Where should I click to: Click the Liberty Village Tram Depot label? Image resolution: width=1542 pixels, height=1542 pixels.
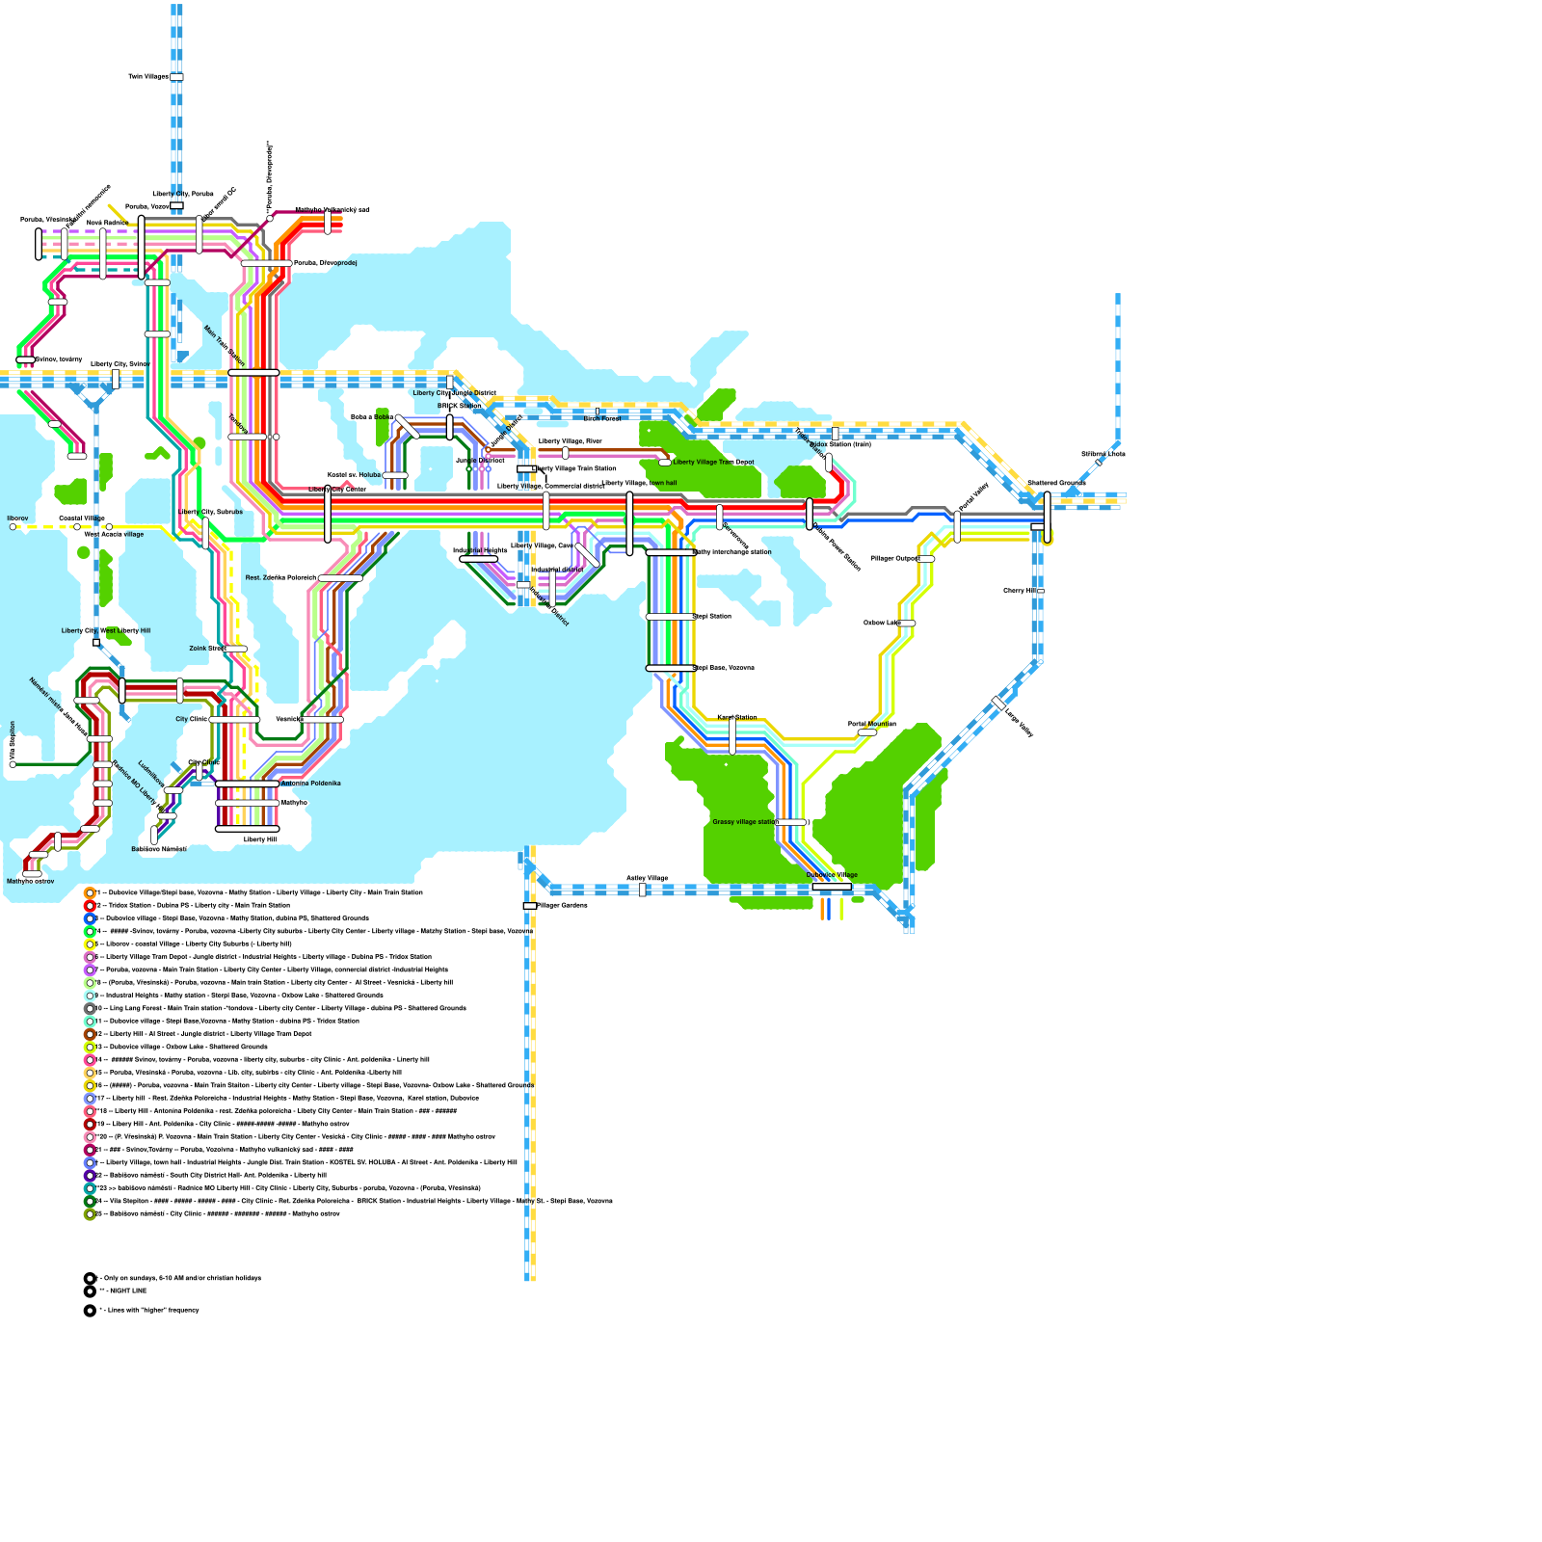click(x=713, y=463)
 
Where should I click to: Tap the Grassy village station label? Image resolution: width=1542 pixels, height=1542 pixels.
click(x=743, y=822)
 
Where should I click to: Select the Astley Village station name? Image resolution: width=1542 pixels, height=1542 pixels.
click(x=647, y=878)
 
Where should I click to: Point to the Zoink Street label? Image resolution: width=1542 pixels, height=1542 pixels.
click(x=206, y=649)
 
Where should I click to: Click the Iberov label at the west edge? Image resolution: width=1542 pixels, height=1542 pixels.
click(x=18, y=518)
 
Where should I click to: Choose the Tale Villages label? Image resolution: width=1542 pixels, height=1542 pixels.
click(x=147, y=76)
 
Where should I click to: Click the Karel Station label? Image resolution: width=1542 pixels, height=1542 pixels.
click(x=736, y=717)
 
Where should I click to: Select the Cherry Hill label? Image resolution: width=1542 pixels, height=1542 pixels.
click(x=1019, y=591)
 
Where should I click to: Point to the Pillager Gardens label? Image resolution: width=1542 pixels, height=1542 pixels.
click(x=563, y=906)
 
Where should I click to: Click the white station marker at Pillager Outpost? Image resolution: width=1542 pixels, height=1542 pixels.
click(x=926, y=559)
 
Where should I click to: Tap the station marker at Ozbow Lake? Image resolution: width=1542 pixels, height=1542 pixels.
click(x=907, y=624)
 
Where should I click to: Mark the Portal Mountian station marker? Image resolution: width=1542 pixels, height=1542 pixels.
click(x=867, y=732)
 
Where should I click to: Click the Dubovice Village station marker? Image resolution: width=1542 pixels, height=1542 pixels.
click(x=831, y=887)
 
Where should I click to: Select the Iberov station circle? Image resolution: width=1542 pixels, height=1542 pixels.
click(x=13, y=527)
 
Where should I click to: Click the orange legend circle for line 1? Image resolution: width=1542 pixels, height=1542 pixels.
click(x=90, y=893)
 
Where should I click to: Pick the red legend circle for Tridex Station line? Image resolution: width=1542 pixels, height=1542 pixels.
click(x=90, y=906)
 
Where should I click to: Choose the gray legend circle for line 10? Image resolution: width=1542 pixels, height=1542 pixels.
click(x=90, y=1009)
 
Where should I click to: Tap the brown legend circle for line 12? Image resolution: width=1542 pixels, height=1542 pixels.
click(x=90, y=1034)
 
